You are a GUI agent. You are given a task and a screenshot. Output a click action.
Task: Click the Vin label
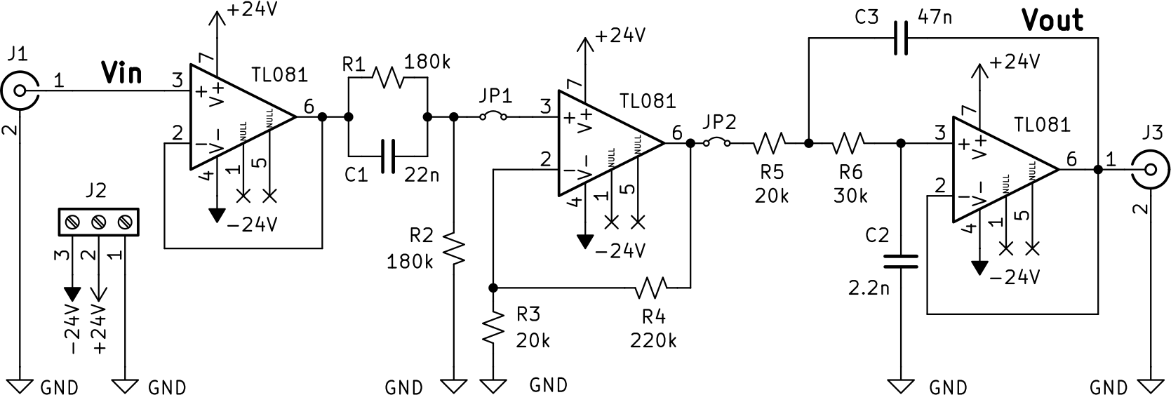(121, 72)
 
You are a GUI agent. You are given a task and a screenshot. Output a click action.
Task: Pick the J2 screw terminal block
(98, 223)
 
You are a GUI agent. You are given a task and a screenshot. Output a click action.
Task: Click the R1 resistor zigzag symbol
(387, 78)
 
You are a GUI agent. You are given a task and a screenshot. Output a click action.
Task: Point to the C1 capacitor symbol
(388, 156)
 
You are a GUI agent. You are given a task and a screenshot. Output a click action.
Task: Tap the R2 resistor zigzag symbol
(454, 250)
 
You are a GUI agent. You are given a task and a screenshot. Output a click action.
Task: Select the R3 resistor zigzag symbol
(493, 326)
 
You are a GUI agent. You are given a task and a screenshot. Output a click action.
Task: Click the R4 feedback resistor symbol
(652, 288)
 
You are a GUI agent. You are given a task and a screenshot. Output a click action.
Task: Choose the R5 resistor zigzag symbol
(769, 142)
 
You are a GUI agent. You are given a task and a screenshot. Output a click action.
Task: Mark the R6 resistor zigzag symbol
(848, 142)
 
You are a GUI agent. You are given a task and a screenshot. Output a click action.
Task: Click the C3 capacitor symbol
(901, 38)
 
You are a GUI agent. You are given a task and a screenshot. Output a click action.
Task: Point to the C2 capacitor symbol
(901, 261)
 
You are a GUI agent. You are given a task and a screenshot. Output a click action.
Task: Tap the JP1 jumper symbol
(493, 116)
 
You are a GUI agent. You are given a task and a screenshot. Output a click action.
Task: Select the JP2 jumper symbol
(717, 142)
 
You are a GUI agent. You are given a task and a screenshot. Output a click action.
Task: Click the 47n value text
(935, 18)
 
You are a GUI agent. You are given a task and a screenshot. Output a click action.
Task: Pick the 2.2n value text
(869, 288)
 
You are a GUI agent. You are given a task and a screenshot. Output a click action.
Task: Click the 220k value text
(653, 341)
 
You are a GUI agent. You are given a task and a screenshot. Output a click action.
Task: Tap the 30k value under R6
(850, 196)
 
